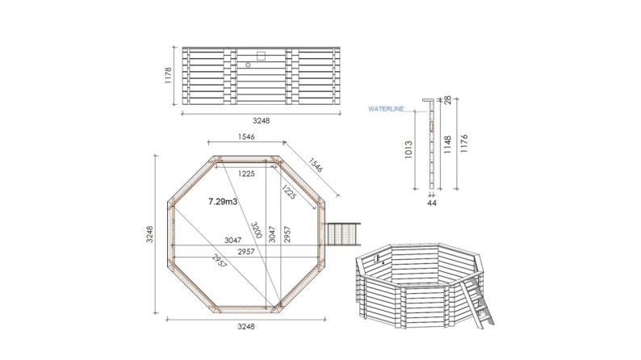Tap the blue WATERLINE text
coord(385,107)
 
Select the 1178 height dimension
coord(169,76)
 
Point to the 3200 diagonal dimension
coord(255,234)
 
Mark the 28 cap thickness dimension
coord(446,100)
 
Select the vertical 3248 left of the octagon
coord(150,234)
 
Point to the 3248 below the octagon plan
coord(245,327)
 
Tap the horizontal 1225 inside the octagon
coord(246,174)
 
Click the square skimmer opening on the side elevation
coord(260,55)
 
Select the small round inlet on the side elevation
coord(249,65)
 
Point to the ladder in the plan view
coord(344,237)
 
